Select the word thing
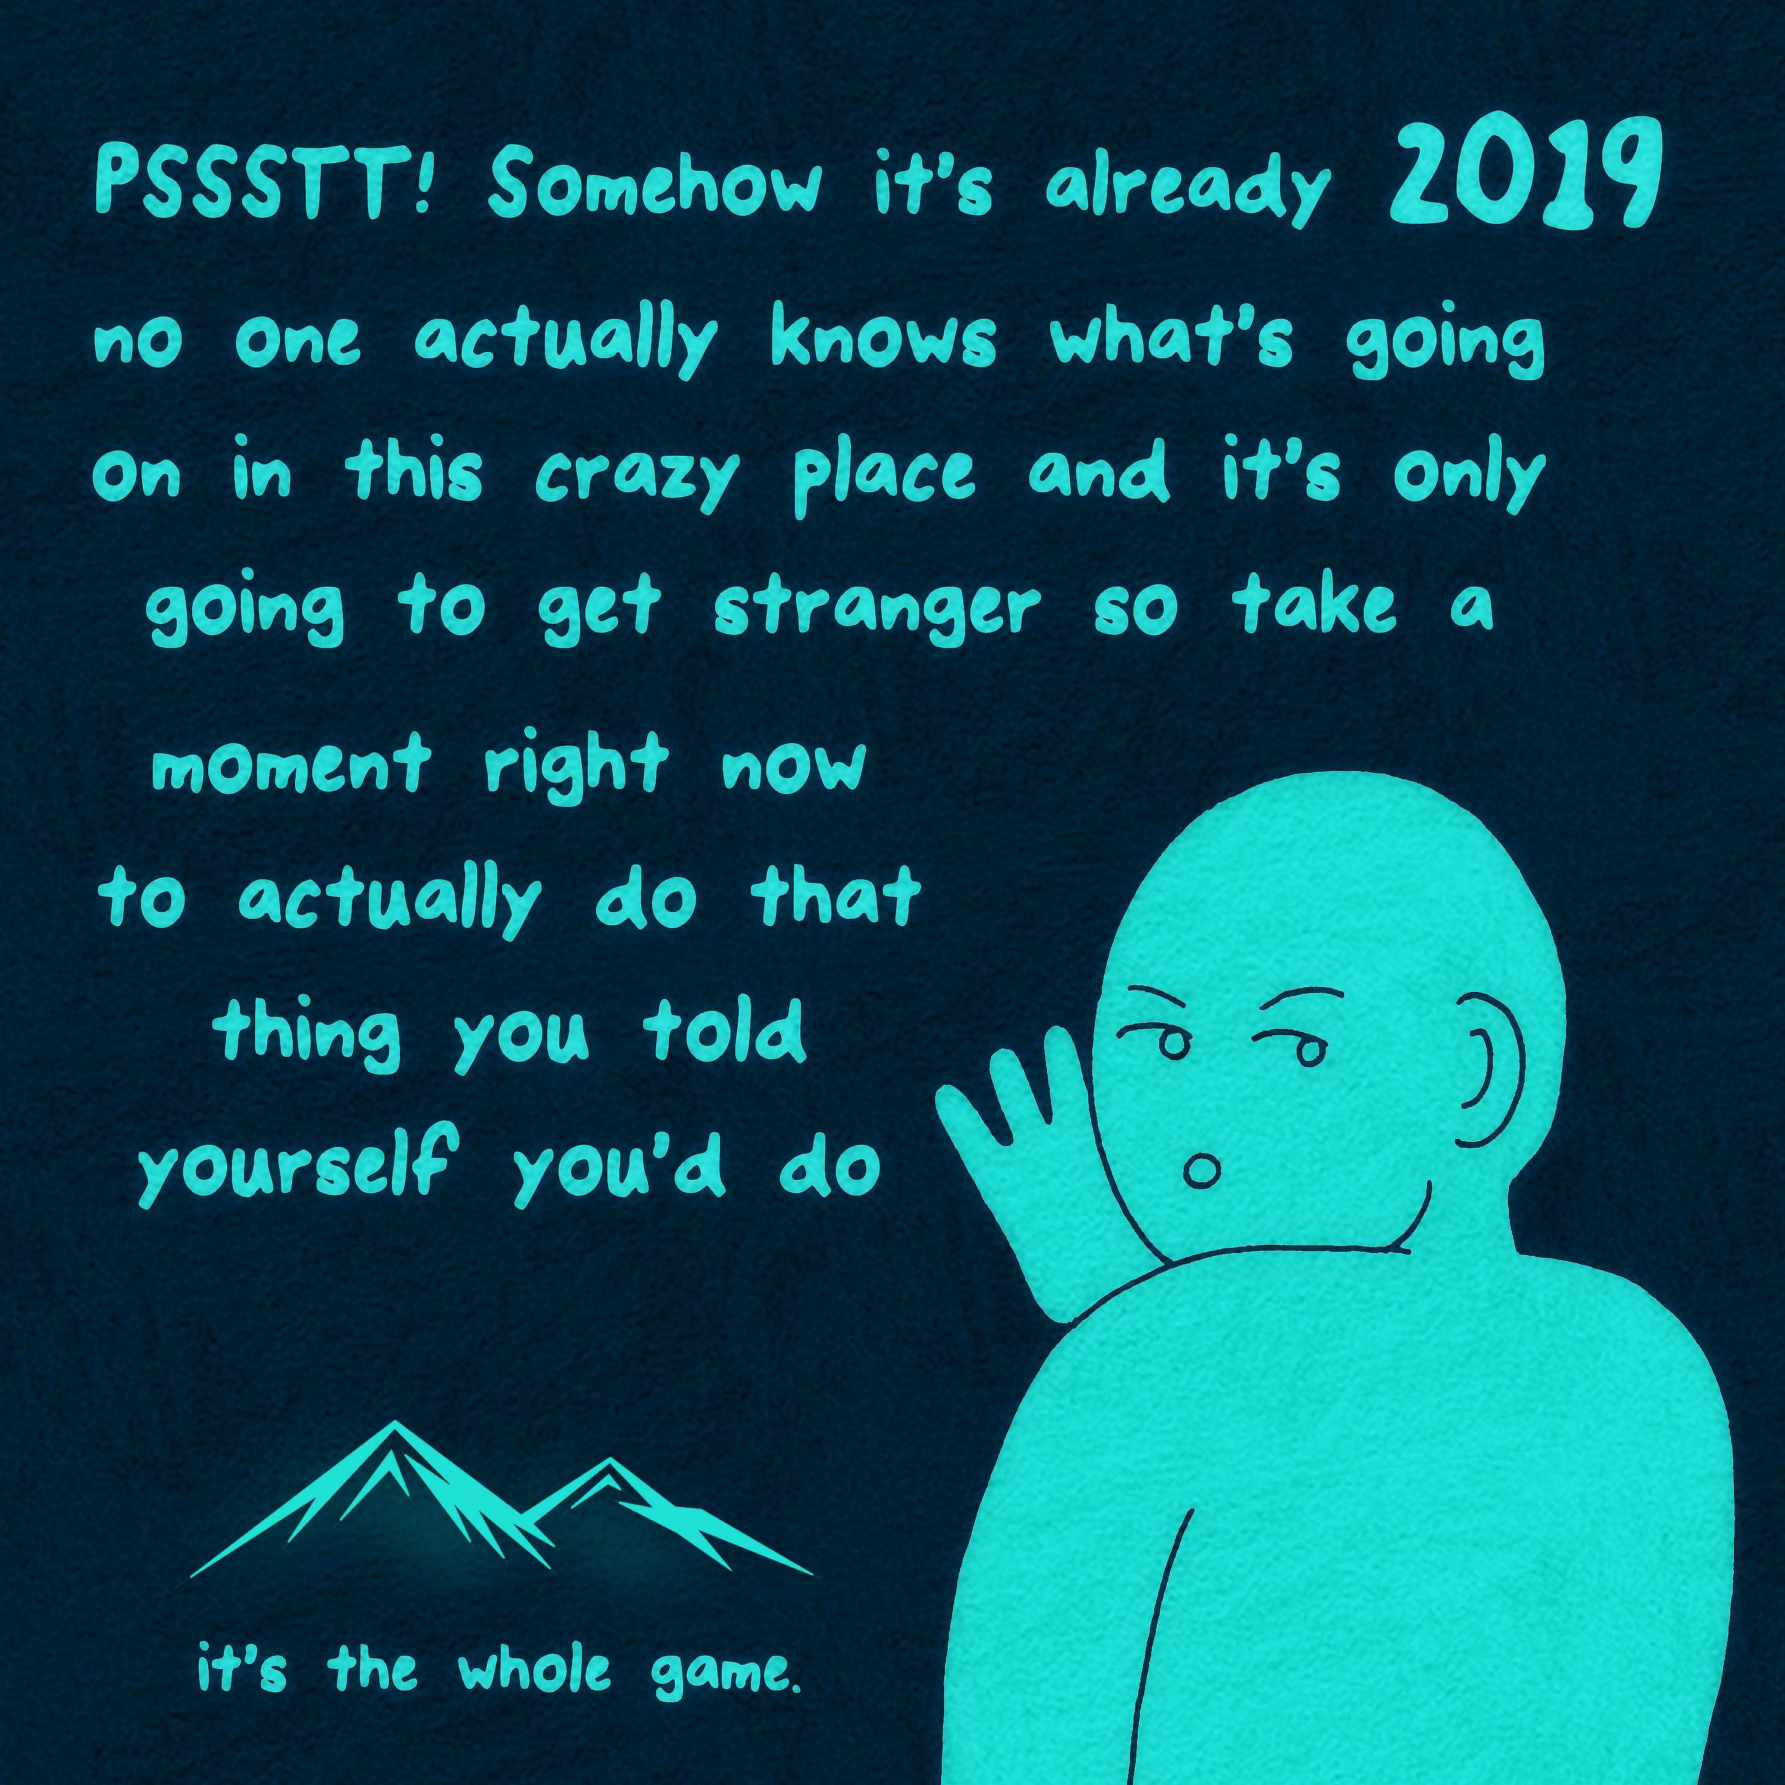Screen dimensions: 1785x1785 click(x=311, y=1034)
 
